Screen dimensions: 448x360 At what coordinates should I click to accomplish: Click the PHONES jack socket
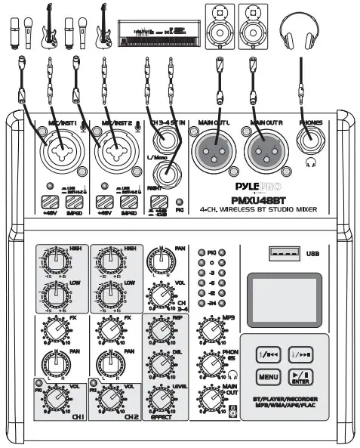(x=310, y=140)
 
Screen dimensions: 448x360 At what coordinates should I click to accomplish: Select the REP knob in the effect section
(x=163, y=330)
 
